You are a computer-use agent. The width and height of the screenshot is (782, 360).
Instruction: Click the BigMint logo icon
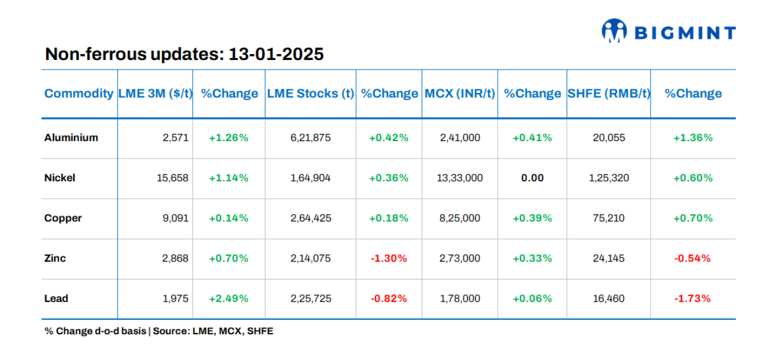[614, 32]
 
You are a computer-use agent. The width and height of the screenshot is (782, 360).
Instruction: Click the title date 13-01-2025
[276, 55]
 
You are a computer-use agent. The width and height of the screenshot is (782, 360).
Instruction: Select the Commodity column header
[79, 94]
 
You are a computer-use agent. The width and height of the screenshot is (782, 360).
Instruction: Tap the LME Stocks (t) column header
[310, 94]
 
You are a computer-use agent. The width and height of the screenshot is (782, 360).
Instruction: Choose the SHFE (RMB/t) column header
[609, 94]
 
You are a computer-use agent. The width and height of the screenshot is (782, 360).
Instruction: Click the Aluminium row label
[71, 137]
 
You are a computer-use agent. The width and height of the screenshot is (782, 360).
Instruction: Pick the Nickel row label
[59, 178]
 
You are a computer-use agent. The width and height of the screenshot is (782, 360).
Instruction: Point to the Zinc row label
[55, 259]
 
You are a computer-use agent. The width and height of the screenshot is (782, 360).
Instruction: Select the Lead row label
[56, 299]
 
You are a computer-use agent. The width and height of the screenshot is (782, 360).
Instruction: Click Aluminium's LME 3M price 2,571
[176, 138]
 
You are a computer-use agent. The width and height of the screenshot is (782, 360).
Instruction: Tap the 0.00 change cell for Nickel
[533, 178]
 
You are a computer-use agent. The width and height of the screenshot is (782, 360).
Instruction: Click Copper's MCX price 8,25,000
[460, 218]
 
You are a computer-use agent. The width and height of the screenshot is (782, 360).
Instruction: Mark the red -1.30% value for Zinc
[388, 259]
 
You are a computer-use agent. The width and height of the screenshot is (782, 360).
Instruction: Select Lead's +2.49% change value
[228, 299]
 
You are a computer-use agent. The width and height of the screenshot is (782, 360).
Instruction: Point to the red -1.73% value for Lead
[693, 299]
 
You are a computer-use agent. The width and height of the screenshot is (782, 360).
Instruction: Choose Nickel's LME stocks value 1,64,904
[310, 178]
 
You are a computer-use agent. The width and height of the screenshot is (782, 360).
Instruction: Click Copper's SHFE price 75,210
[609, 218]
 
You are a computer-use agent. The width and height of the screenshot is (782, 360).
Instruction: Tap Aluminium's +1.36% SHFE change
[693, 138]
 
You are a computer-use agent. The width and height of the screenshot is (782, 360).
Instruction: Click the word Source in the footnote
[171, 331]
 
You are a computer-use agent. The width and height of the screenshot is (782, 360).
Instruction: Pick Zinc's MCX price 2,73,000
[460, 259]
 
